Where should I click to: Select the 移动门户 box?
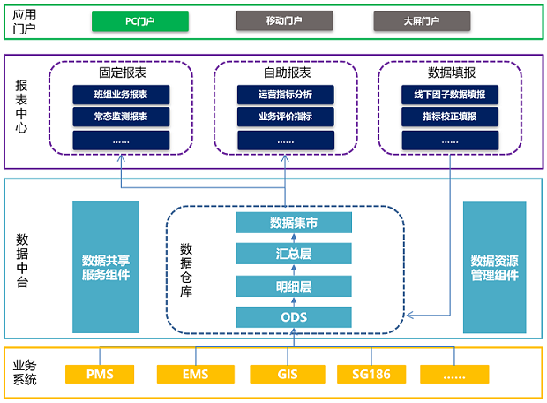coord(284,20)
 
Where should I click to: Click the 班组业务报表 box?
coord(121,95)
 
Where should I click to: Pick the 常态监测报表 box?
coord(121,117)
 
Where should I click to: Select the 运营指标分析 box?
coord(285,95)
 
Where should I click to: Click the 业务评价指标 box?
coord(285,117)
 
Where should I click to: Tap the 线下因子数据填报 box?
coord(449,95)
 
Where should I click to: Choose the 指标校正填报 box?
coord(449,117)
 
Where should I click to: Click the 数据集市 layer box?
coord(294,223)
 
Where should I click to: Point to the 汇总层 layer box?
coord(294,255)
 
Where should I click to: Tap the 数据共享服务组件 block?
coord(106,267)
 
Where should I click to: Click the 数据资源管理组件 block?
coord(494,267)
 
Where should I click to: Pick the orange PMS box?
coord(101,375)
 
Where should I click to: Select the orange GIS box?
coord(288,375)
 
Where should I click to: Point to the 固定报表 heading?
coord(121,72)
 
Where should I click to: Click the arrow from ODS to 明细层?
coord(294,301)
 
